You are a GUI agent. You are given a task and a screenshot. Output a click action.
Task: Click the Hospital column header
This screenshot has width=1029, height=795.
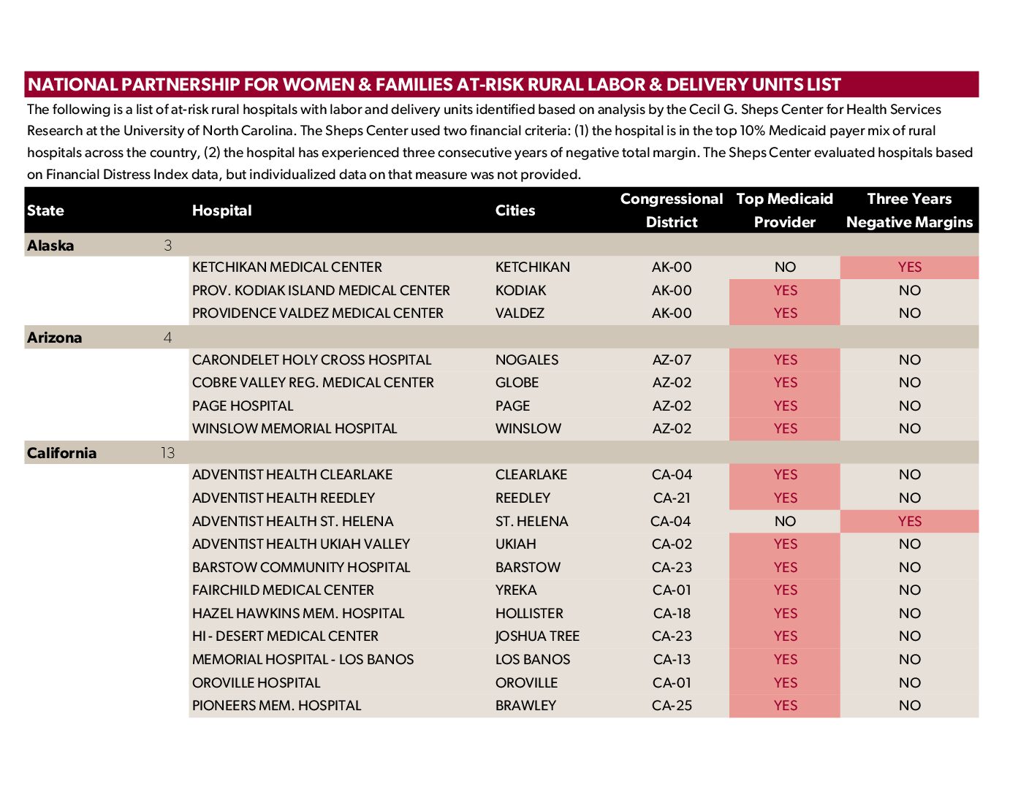221,210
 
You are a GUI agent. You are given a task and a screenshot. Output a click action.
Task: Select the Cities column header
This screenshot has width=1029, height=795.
514,210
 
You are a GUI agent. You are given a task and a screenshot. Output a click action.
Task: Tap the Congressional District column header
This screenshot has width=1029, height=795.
671,210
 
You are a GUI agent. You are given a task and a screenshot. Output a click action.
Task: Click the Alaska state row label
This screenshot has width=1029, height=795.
50,246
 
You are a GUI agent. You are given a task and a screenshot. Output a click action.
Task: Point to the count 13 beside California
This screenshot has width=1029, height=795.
167,453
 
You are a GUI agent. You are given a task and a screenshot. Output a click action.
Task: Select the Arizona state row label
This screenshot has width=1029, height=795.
54,338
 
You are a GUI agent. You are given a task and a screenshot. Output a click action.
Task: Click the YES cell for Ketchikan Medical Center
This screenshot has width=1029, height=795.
909,267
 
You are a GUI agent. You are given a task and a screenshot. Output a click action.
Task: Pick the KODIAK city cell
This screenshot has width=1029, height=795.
520,291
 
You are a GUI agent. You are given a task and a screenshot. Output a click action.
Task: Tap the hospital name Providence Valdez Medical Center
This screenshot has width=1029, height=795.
317,313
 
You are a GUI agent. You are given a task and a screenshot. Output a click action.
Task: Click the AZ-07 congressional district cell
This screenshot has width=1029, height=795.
671,360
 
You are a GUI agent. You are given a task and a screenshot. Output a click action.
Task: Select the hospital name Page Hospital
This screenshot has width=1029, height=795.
242,406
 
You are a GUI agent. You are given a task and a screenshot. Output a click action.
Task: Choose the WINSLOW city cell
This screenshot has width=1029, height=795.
528,429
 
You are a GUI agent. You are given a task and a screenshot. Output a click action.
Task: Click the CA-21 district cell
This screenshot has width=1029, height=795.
671,498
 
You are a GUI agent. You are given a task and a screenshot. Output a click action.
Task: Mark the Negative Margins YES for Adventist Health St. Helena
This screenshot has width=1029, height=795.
909,522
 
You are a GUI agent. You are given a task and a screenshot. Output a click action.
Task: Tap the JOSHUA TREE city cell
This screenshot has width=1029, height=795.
537,636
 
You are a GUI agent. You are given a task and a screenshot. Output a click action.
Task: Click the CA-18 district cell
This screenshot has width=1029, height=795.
671,614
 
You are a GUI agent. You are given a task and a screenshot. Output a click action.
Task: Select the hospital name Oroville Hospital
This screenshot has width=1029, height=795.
256,683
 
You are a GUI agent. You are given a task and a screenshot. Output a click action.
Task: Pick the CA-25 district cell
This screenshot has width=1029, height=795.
671,706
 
